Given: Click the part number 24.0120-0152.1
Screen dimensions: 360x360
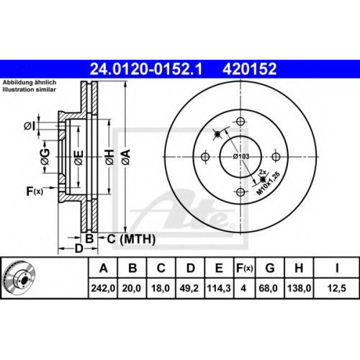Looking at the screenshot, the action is coord(146,69).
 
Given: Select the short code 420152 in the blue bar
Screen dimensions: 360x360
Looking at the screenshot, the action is coord(250,69).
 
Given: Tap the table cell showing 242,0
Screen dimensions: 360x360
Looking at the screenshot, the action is coord(103,288).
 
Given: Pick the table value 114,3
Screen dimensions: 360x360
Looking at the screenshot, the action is coord(219,288).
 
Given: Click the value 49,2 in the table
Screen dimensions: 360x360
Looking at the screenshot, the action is coord(189,288).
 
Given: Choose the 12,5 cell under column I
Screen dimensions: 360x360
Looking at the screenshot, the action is coord(337,288).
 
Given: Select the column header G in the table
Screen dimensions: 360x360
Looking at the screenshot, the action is coord(270,268).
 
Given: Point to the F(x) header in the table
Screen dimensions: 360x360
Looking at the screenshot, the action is coord(244,268).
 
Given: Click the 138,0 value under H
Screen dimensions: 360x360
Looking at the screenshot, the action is coord(299,288).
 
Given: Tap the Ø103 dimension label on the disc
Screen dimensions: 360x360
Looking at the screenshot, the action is coord(241,156).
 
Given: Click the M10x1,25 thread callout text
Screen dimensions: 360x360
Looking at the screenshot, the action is coord(269,184).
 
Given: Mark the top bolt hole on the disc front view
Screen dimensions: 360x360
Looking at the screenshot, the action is coord(240,121).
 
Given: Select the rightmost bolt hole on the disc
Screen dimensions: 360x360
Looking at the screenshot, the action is coord(276,157).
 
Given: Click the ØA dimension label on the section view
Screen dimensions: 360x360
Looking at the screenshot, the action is coord(126,157).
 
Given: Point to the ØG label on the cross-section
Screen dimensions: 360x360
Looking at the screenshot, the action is coord(45,157).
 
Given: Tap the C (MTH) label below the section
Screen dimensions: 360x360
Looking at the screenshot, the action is coord(131,239).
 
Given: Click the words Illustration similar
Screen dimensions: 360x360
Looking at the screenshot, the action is coord(29,90).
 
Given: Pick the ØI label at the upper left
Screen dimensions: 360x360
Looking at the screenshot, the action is coord(30,126).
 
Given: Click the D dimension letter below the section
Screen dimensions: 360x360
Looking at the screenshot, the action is coord(78,248).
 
